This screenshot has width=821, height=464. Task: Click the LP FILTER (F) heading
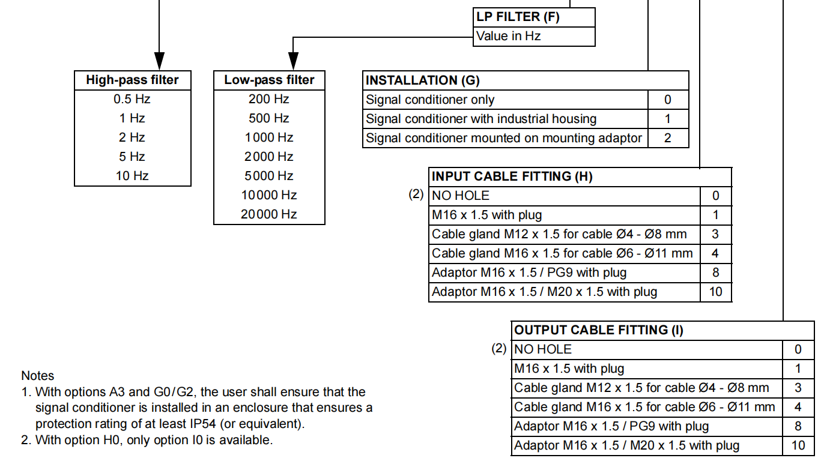tap(518, 17)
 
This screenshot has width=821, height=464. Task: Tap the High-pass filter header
tap(132, 80)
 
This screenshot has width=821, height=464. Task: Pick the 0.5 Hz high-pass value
tap(132, 99)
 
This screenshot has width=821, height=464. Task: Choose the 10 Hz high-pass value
tap(132, 176)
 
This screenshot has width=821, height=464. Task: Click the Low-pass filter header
tap(270, 80)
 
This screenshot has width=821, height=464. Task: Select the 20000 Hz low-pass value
tap(269, 214)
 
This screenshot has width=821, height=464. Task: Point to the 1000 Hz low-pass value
tap(269, 137)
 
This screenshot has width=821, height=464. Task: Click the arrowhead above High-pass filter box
tap(159, 61)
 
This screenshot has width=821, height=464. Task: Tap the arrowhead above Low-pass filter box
tap(293, 61)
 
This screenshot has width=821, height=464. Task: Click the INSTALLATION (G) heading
tap(423, 80)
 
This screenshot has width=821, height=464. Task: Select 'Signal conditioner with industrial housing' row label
tap(481, 119)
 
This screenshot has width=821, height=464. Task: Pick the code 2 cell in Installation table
tap(668, 138)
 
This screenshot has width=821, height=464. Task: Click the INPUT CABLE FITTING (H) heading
tap(512, 176)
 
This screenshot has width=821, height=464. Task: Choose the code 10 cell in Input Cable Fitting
tap(716, 292)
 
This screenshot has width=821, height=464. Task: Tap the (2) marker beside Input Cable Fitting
tap(416, 194)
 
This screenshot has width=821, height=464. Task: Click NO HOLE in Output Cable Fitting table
tap(543, 349)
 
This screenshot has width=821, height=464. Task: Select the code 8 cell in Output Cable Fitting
tap(798, 426)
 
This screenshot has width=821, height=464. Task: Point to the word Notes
tap(38, 376)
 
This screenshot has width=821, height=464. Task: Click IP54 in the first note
tap(203, 424)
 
